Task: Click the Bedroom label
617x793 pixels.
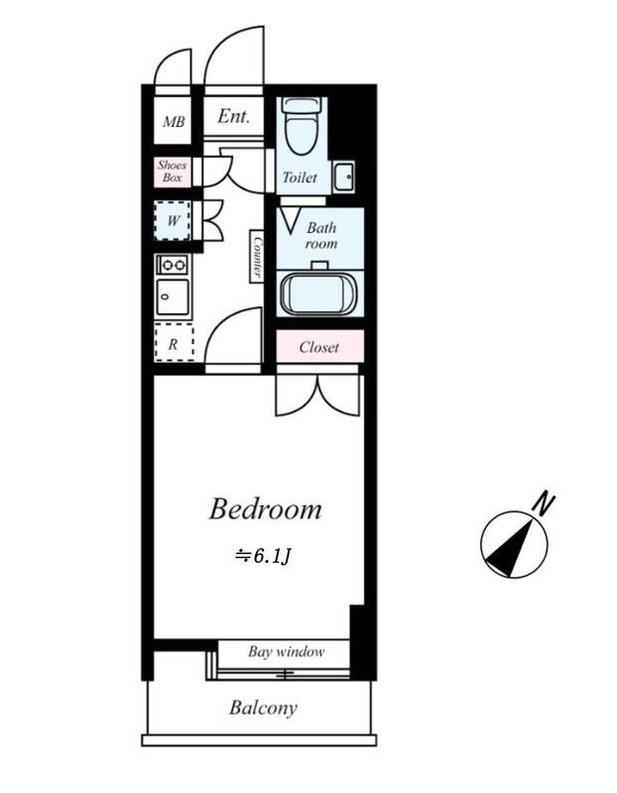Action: [x=265, y=510]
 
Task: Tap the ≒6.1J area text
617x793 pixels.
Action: [x=262, y=556]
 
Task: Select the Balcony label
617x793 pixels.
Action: [x=263, y=708]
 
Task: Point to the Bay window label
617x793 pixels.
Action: [x=286, y=652]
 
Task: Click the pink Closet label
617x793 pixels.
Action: [x=318, y=348]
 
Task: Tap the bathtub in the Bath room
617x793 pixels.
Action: [x=319, y=292]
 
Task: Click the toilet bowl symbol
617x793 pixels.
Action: [x=299, y=129]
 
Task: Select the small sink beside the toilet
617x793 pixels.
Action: [x=343, y=176]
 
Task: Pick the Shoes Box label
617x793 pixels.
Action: [x=173, y=172]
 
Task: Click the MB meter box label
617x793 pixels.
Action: [x=174, y=123]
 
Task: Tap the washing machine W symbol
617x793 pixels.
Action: [x=174, y=221]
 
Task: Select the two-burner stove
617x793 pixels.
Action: [x=173, y=265]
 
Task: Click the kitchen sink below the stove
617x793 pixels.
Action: [x=173, y=296]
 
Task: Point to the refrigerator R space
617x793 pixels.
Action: [x=174, y=344]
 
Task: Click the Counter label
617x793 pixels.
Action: [x=256, y=256]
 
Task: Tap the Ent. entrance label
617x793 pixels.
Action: [x=234, y=117]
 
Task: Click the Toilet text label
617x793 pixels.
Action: [x=300, y=178]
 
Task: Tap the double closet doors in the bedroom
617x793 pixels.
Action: [x=317, y=392]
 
